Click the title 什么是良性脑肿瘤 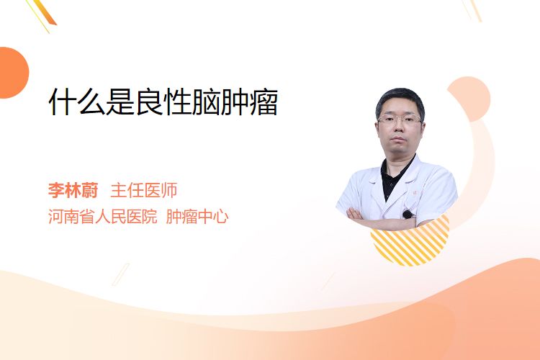[x=163, y=102]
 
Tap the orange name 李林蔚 [x=73, y=190]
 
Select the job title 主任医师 [x=144, y=190]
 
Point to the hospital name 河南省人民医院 [x=103, y=217]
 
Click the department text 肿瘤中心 [x=197, y=217]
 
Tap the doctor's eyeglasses [x=400, y=120]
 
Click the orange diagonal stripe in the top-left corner [x=45, y=12]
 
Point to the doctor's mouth [x=398, y=140]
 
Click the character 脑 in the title [x=207, y=102]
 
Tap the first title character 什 [x=63, y=102]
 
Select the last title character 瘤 [x=264, y=102]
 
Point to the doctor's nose [x=398, y=128]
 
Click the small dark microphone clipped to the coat [x=408, y=215]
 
